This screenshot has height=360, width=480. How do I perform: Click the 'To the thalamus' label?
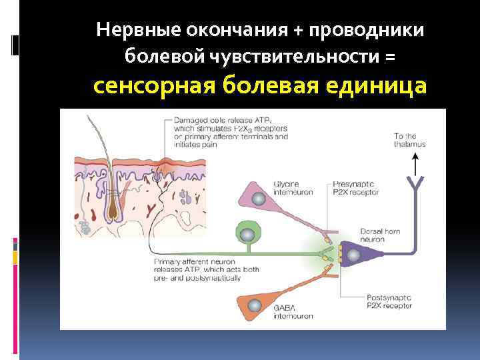coord(409,139)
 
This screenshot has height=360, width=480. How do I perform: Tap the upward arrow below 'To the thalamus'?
coord(416,162)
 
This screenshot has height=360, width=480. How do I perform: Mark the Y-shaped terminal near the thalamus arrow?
coord(416,182)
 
